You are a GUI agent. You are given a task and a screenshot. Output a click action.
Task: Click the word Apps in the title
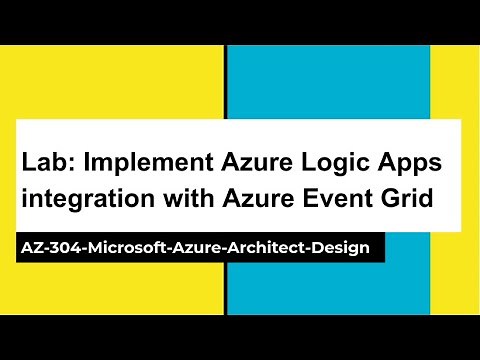406,163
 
